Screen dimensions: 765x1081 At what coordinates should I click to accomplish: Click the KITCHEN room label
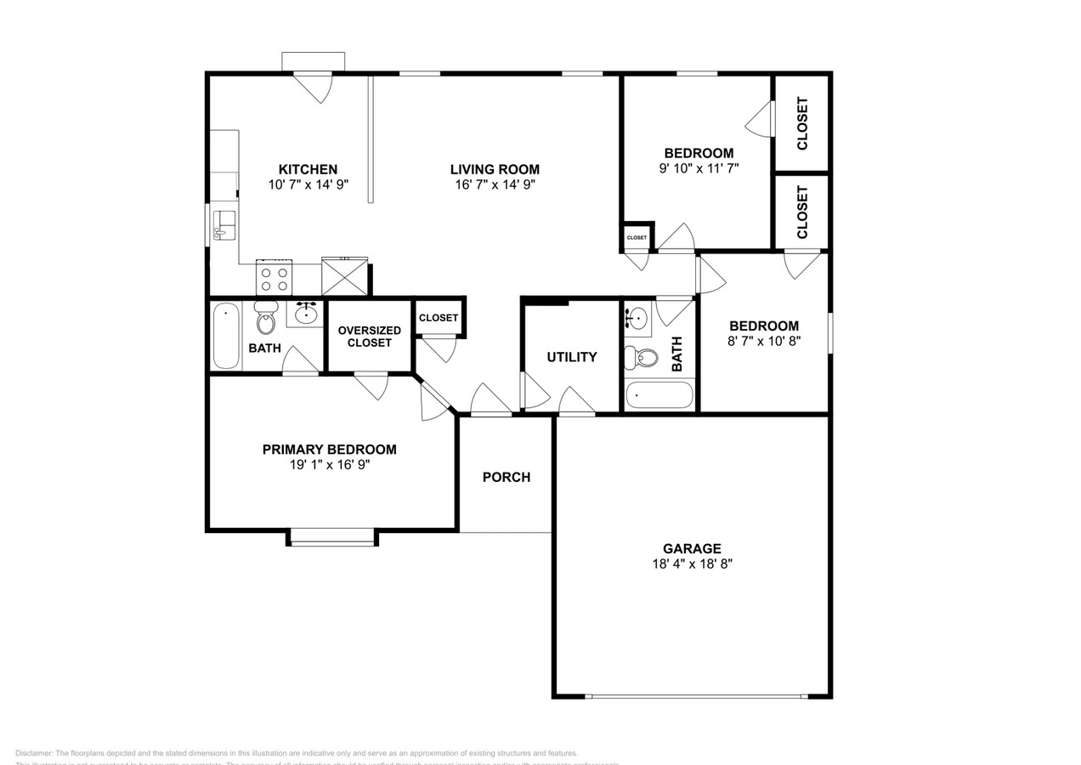pyautogui.click(x=308, y=169)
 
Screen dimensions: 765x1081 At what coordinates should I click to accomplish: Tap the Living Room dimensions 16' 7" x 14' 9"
pyautogui.click(x=495, y=184)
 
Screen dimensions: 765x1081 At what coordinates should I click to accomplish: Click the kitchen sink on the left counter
pyautogui.click(x=224, y=225)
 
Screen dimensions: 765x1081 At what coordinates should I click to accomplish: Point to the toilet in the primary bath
pyautogui.click(x=266, y=320)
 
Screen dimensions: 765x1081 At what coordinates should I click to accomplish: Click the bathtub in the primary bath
pyautogui.click(x=226, y=336)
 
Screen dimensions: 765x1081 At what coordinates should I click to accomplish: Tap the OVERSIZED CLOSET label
pyautogui.click(x=370, y=337)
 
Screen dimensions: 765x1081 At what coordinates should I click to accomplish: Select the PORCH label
pyautogui.click(x=507, y=477)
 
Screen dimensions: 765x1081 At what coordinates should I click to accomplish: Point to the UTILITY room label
pyautogui.click(x=572, y=357)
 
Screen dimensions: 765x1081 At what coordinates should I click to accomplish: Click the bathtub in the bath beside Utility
pyautogui.click(x=659, y=395)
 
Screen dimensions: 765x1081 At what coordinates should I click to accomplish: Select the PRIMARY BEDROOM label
pyautogui.click(x=329, y=450)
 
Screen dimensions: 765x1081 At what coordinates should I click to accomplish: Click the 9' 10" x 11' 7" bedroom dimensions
pyautogui.click(x=699, y=168)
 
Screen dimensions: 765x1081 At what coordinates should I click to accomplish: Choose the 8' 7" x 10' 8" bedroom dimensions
pyautogui.click(x=763, y=340)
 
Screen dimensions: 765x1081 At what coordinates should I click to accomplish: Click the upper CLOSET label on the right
pyautogui.click(x=801, y=123)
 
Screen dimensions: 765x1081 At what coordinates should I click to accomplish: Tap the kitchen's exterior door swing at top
pyautogui.click(x=314, y=87)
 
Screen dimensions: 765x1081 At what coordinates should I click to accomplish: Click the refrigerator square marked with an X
pyautogui.click(x=344, y=277)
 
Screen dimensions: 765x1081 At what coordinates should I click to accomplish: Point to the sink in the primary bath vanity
pyautogui.click(x=306, y=314)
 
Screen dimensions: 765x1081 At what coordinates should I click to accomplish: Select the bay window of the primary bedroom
pyautogui.click(x=332, y=536)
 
